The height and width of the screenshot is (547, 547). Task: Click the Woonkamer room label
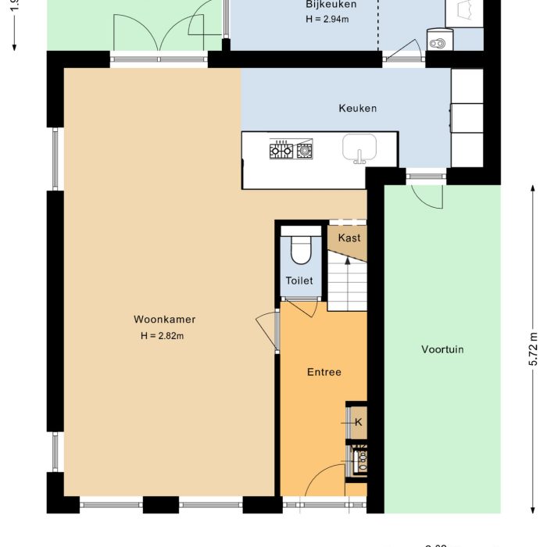tap(164, 320)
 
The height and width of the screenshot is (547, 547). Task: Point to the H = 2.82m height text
tap(162, 336)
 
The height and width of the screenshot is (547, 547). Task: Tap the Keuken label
tap(357, 108)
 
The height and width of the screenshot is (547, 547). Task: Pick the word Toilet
tap(299, 281)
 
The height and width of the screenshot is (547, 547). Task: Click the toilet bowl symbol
tap(301, 250)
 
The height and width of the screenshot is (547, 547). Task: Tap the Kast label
tap(349, 238)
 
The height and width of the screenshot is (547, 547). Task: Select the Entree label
tap(324, 372)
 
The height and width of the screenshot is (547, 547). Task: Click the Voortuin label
tap(442, 349)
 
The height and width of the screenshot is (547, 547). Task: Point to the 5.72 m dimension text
tap(534, 349)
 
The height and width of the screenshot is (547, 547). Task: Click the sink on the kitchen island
tap(359, 147)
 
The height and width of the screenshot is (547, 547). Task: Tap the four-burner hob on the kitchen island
tap(291, 149)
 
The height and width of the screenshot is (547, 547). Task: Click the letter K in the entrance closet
tap(358, 422)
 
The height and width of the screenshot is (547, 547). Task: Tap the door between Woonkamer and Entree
tap(268, 328)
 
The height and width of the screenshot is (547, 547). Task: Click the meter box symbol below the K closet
tap(359, 460)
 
